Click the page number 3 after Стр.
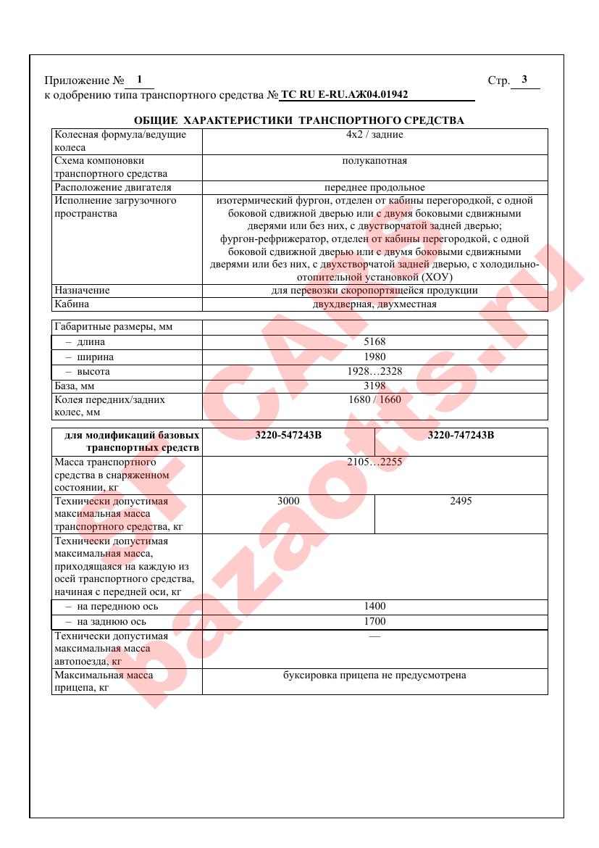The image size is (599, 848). [524, 80]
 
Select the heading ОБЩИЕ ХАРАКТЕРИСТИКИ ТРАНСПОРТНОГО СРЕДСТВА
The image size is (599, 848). [299, 120]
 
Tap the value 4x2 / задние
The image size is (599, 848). [374, 135]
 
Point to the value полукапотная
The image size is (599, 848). [374, 161]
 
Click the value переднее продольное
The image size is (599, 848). [374, 188]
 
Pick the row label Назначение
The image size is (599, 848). [83, 291]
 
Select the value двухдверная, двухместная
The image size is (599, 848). [374, 304]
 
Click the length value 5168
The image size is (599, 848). [374, 341]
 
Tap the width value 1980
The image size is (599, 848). [374, 357]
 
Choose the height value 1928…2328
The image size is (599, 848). [374, 372]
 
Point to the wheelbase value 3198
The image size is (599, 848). [374, 386]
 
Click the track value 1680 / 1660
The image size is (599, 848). [374, 399]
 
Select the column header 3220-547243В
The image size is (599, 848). [288, 436]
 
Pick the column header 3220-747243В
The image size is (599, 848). [461, 436]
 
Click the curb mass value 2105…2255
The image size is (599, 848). [374, 462]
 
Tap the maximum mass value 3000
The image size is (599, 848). [288, 501]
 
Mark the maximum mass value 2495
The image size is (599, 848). [461, 501]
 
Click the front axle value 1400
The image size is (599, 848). [374, 607]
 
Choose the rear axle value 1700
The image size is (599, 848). [374, 622]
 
